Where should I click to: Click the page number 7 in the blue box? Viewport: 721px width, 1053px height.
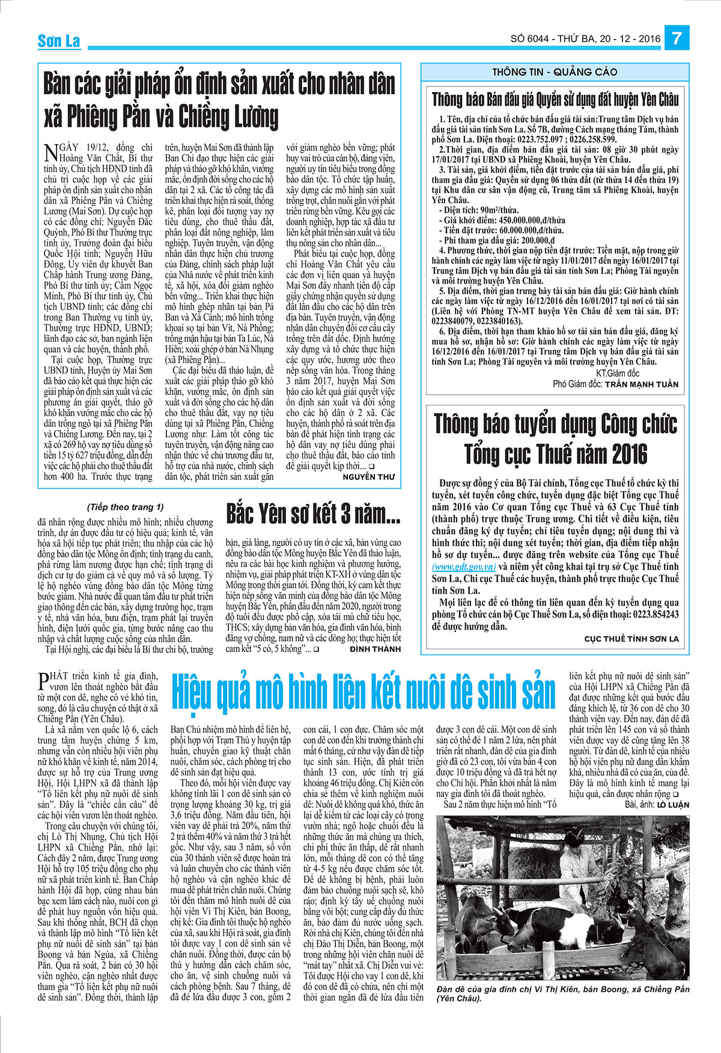click(x=676, y=38)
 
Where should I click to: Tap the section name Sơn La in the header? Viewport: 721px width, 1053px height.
click(x=58, y=41)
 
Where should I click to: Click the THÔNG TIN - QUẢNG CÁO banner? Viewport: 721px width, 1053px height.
click(x=555, y=72)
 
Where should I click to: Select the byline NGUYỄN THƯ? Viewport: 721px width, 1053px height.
click(x=369, y=477)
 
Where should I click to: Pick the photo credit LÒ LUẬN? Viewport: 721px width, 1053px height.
click(x=672, y=804)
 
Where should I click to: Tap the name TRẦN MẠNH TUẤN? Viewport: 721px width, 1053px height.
click(x=641, y=384)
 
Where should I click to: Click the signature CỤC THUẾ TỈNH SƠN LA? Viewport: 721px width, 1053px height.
click(x=631, y=639)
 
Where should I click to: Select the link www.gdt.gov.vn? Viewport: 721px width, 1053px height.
click(x=464, y=566)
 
